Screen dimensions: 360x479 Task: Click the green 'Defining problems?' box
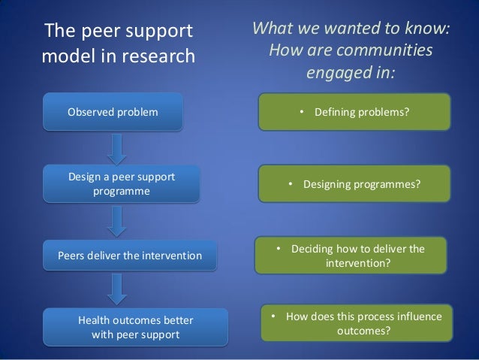pyautogui.click(x=354, y=112)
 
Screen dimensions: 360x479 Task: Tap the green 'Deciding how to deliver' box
pyautogui.click(x=354, y=256)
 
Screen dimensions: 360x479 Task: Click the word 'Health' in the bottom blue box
pyautogui.click(x=95, y=321)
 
